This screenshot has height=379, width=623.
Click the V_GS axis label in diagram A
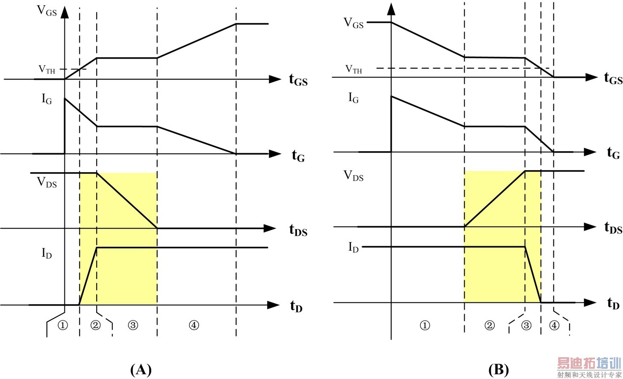(x=47, y=11)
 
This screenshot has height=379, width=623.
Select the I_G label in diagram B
(x=353, y=98)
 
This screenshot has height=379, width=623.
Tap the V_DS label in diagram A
(x=47, y=182)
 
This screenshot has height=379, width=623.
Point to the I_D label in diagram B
(x=353, y=247)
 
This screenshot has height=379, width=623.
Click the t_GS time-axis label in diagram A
(x=298, y=80)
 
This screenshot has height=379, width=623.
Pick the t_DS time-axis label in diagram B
(x=613, y=228)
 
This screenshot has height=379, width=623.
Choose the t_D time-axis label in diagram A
(x=296, y=306)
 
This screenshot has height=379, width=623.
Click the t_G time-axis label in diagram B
(x=613, y=153)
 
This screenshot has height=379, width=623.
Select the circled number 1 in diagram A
(x=63, y=326)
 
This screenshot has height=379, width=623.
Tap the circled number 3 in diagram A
(x=133, y=326)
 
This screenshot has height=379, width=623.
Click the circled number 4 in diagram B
(x=554, y=326)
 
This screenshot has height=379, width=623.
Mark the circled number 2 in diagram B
(x=490, y=326)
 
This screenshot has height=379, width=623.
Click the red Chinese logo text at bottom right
(x=589, y=364)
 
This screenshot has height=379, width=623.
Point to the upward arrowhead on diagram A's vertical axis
(x=65, y=12)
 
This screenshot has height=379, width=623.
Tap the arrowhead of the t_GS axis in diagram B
(x=591, y=77)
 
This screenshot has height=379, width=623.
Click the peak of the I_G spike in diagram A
(x=65, y=99)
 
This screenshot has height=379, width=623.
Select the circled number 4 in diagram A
(x=194, y=326)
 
